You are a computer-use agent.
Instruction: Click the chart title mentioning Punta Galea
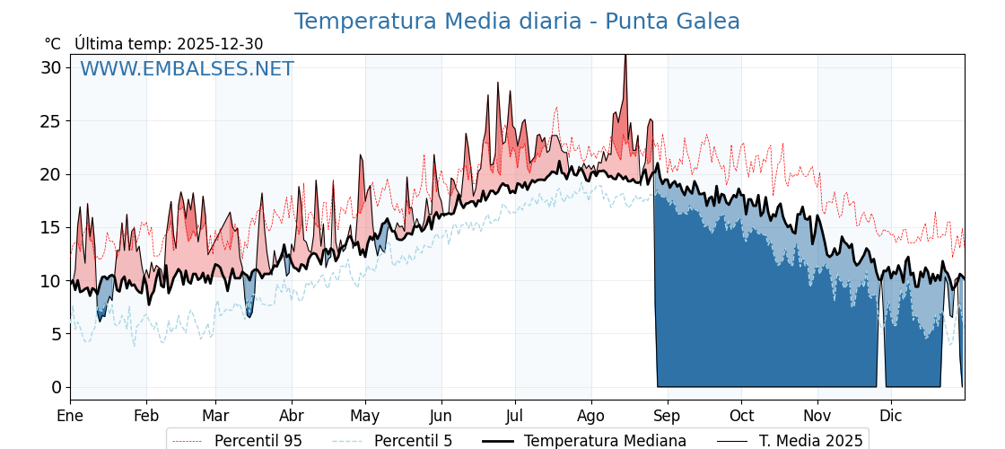517,22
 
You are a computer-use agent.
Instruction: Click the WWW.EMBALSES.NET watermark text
187,69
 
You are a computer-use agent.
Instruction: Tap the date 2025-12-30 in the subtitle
220,44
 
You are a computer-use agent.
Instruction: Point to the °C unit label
52,44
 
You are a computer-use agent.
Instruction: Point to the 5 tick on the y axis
56,334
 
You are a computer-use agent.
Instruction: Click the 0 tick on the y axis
56,387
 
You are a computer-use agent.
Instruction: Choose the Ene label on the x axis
70,416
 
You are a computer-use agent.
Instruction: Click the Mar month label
215,416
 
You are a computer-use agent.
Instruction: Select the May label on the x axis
365,416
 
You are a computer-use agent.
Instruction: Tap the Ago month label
590,416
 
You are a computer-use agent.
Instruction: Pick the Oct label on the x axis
741,416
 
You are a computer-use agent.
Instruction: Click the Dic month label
890,416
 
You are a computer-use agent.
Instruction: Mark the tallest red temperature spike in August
625,57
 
